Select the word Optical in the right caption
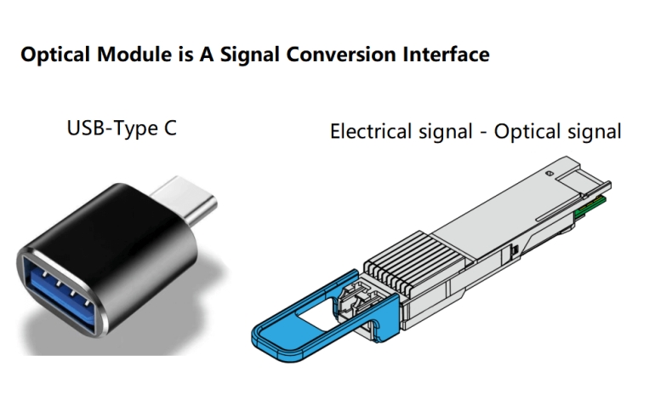point(527,132)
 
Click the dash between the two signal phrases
point(485,133)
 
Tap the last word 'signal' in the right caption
point(595,132)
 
